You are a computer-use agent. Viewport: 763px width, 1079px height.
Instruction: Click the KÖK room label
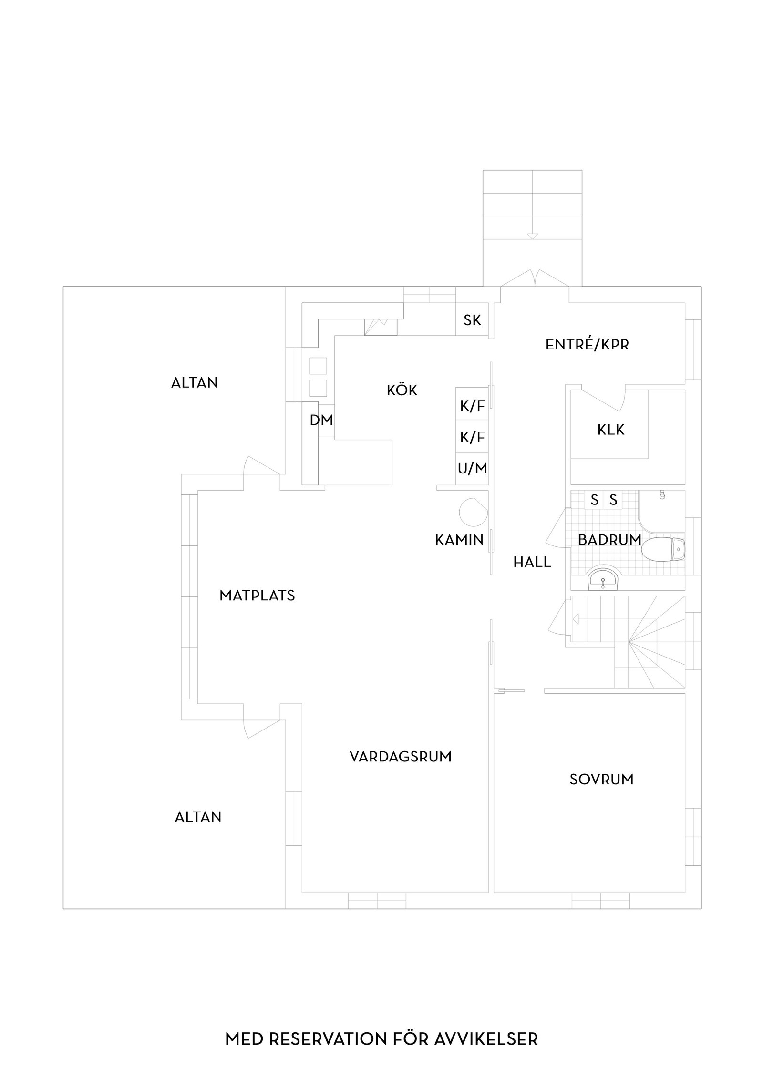402,390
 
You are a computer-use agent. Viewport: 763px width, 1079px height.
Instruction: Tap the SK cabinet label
472,320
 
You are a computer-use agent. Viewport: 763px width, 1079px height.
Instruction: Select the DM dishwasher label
321,420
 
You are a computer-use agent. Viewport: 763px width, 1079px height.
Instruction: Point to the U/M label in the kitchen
472,469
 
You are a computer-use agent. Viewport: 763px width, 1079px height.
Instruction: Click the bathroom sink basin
603,580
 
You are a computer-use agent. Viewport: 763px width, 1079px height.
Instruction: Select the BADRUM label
609,540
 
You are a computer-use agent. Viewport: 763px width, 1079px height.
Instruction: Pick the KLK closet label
610,430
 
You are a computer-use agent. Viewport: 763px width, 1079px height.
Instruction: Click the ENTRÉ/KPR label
587,345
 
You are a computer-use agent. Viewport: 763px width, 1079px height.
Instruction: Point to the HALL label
532,562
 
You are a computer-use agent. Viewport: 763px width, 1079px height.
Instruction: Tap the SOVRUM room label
601,780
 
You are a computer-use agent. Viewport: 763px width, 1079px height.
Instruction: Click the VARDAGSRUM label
400,757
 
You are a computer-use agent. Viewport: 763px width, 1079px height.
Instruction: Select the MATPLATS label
257,596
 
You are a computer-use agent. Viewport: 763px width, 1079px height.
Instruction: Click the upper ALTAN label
194,382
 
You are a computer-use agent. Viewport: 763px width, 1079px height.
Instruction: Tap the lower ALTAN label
198,817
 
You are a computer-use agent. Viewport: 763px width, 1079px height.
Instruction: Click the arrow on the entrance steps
532,236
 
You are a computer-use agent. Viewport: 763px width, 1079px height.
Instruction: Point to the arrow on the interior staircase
575,619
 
